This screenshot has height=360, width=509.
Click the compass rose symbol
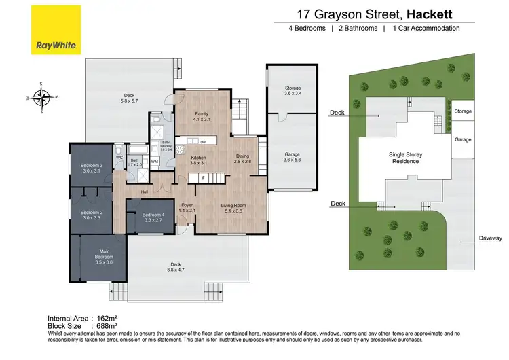42,98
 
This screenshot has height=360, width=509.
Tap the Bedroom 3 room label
92,168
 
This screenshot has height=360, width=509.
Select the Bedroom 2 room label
91,215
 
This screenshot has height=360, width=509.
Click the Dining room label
242,158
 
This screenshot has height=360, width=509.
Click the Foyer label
187,208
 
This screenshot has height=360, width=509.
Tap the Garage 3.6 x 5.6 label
293,157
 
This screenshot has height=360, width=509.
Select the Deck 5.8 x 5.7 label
129,98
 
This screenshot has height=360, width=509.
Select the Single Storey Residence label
405,158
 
